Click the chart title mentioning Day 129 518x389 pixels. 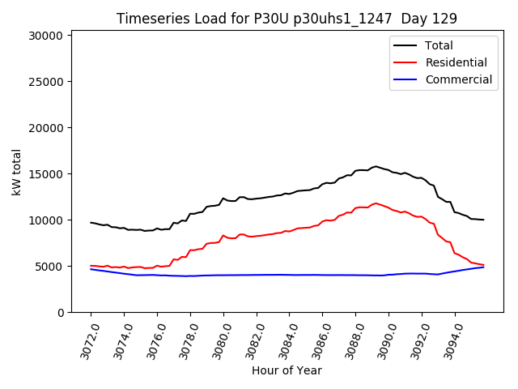click(287, 18)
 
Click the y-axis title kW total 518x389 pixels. click(16, 172)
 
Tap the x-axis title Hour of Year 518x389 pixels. click(287, 370)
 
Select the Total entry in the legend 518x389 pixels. click(439, 45)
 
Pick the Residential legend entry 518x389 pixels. click(456, 62)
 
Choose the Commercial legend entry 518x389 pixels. click(458, 79)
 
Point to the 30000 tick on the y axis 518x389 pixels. click(45, 36)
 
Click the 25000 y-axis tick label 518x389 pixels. click(45, 82)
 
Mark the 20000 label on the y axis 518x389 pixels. click(45, 128)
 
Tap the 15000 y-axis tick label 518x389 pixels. click(45, 174)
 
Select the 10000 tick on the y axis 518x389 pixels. click(45, 220)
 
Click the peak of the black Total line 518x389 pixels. click(376, 166)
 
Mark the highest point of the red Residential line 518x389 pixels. click(376, 203)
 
